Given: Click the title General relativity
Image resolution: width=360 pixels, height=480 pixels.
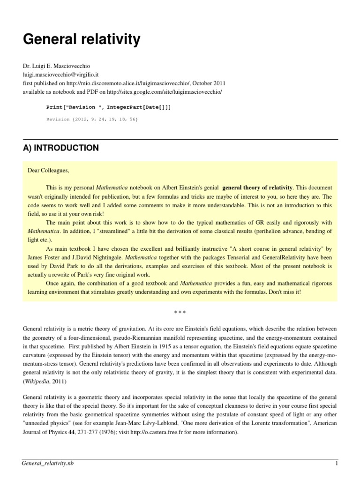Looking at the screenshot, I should (x=82, y=40).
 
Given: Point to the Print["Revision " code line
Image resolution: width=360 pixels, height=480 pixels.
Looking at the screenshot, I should (x=108, y=107).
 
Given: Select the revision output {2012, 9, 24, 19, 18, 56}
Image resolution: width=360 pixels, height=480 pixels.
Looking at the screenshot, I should (x=92, y=120).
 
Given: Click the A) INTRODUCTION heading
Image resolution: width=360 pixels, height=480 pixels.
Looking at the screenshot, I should (x=61, y=148).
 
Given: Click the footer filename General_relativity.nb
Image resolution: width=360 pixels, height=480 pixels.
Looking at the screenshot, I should (x=48, y=464).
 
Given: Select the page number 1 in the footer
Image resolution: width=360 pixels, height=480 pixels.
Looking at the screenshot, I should (x=336, y=464).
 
